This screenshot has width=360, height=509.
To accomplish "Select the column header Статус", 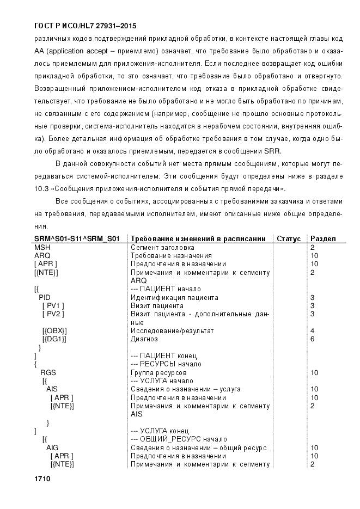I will click(289, 238).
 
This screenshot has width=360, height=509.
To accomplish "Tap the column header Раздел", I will click(323, 238).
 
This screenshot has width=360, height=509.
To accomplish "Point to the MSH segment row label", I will click(42, 247).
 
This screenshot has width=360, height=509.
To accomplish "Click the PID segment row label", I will click(45, 297).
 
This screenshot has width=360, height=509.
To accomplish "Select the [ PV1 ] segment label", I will click(53, 305).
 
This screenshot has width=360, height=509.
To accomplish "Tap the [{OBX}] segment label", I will click(54, 330).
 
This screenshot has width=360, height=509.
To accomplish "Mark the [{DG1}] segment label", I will click(54, 339).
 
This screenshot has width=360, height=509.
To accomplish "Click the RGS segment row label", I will click(48, 372).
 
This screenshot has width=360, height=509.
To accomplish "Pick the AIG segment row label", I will click(53, 447).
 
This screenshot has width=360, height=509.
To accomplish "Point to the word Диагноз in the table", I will click(144, 339).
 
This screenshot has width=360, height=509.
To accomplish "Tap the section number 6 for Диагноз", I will click(313, 339).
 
